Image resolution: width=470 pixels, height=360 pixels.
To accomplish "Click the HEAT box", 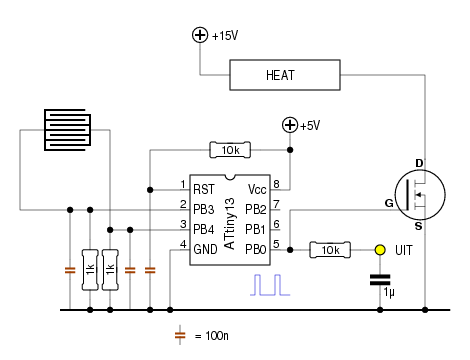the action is tap(285, 75).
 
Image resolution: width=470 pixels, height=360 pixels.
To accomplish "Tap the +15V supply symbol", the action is tap(200, 35).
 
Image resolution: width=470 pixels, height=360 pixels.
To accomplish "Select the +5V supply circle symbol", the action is tap(290, 125).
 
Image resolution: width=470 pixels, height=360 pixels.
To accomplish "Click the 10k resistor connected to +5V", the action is tap(230, 150).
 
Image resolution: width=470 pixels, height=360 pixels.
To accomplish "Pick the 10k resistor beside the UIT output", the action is tap(330, 250).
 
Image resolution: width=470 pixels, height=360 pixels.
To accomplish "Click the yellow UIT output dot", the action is tap(380, 250).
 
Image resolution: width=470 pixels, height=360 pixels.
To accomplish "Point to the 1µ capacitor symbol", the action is tap(380, 280).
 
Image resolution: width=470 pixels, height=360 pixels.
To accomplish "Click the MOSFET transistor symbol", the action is tap(420, 195).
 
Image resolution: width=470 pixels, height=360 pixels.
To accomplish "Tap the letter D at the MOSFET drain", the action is tap(419, 163).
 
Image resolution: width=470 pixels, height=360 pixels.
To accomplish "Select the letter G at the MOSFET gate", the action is tap(389, 203).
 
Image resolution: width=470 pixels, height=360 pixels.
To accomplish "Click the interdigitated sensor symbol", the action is tap(67, 130).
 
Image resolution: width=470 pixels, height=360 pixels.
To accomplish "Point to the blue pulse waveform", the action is tap(270, 285).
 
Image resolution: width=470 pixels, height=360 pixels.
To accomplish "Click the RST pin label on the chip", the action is tap(204, 190).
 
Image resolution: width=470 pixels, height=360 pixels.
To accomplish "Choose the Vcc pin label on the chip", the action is tap(257, 190).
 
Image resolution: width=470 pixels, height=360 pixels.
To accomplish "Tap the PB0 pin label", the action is tap(256, 249).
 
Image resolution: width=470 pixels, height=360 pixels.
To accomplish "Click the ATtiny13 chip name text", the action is tap(230, 223).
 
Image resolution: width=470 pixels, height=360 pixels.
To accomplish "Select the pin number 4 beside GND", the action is tap(183, 244).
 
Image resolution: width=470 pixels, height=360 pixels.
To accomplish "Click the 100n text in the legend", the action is tap(217, 336).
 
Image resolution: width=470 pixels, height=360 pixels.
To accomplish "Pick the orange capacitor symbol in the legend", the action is tap(180, 335).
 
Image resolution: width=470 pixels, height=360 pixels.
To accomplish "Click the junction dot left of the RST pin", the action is tap(150, 190).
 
